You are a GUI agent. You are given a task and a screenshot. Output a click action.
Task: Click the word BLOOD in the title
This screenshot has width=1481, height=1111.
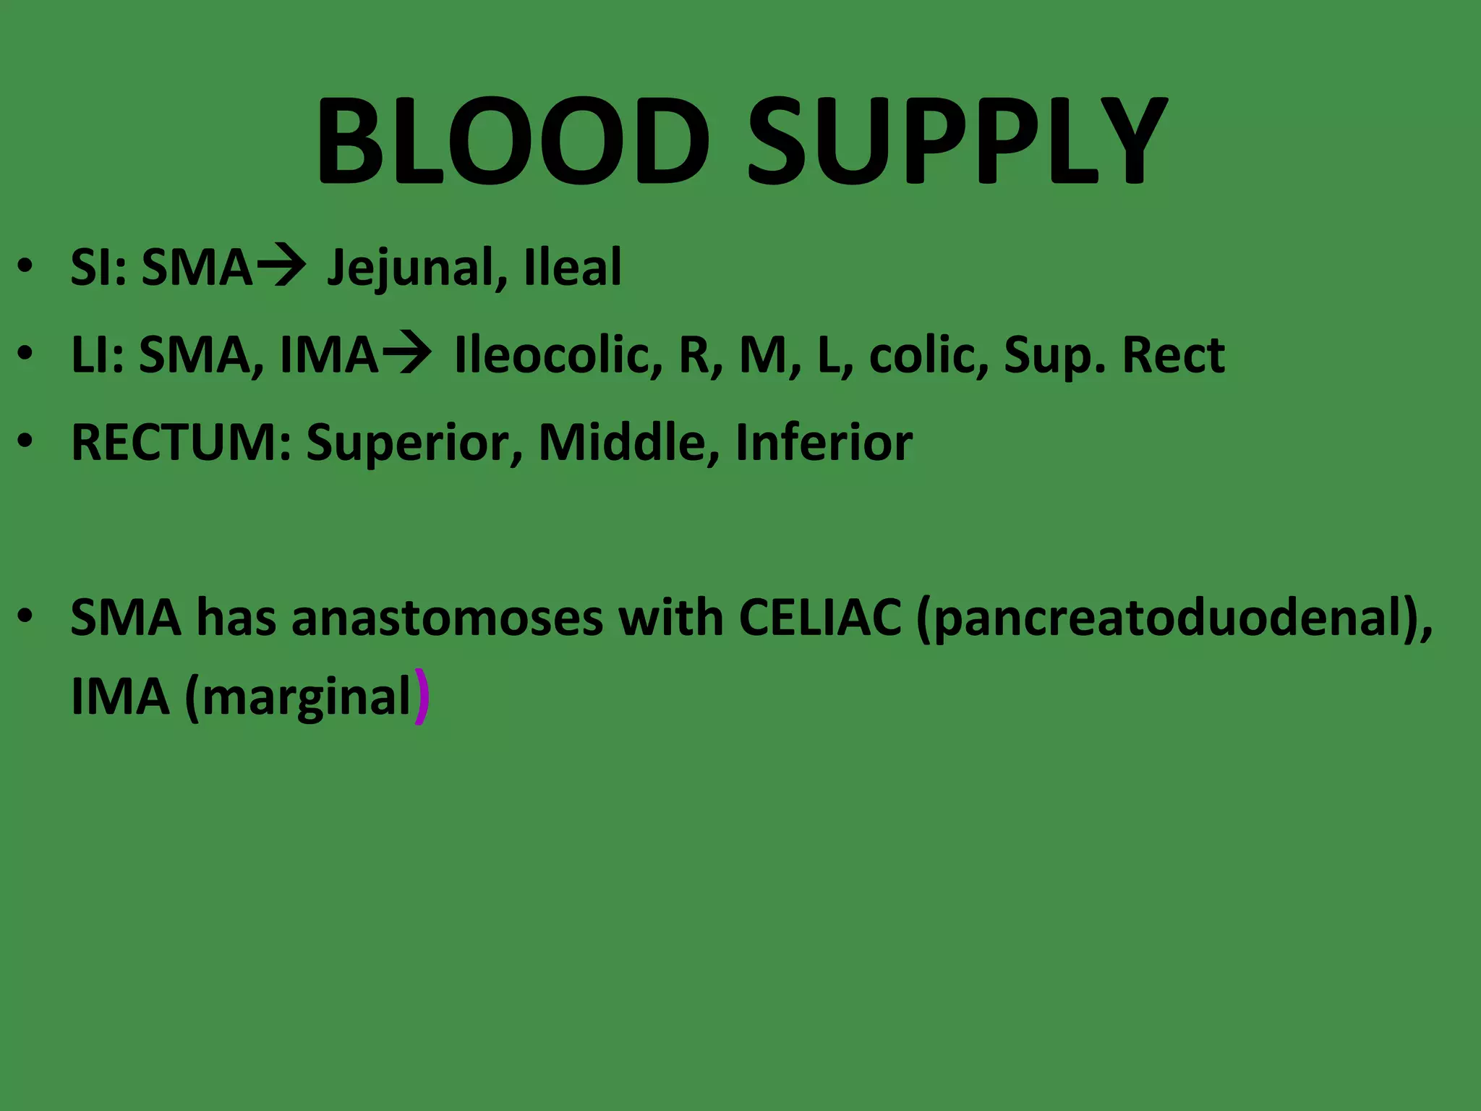pos(512,141)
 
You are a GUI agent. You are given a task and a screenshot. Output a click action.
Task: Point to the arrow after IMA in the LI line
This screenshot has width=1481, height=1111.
pos(407,354)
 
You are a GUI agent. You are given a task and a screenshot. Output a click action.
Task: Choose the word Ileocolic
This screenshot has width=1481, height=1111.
pos(558,355)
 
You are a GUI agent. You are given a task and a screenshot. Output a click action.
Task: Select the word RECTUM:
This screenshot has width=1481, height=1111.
pos(182,442)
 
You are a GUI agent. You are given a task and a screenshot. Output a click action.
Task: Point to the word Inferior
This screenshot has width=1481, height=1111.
pos(824,442)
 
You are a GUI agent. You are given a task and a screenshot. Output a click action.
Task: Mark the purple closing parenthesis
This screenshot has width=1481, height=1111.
pos(422,697)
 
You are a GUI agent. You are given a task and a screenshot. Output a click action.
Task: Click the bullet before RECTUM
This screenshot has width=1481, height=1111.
pos(26,440)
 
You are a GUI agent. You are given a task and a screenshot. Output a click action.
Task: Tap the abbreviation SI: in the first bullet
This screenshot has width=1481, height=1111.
pos(98,267)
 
